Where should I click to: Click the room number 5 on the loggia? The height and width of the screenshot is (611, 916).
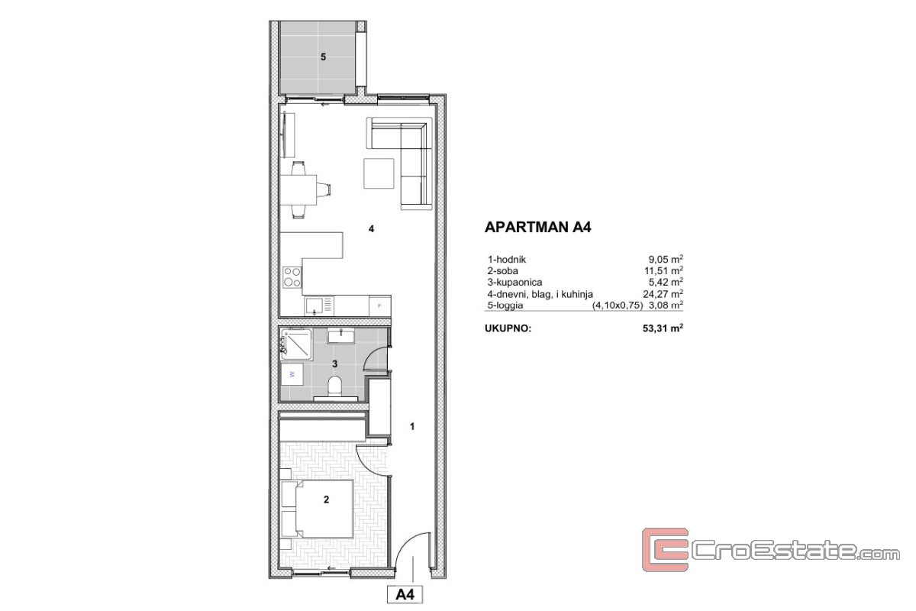[x=323, y=57]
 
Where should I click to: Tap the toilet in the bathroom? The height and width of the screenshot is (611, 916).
[x=335, y=386]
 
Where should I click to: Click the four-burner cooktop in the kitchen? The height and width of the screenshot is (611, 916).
[x=292, y=276]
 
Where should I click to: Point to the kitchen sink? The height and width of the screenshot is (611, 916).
[x=319, y=305]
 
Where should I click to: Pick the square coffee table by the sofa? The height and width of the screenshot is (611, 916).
[x=379, y=173]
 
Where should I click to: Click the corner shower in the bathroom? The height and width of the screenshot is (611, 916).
[x=296, y=344]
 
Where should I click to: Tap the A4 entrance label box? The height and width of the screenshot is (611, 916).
[x=405, y=595]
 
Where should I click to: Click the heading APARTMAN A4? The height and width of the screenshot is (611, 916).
[x=537, y=227]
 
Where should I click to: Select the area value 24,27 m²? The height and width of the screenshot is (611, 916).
[x=663, y=293]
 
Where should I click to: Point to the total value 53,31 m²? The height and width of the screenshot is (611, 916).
[x=663, y=328]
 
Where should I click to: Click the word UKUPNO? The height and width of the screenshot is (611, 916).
[x=508, y=328]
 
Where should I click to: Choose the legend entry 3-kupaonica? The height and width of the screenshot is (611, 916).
[x=514, y=283]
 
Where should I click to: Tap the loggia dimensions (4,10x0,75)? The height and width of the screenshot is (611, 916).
[x=618, y=305]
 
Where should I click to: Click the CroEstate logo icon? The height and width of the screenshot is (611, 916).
[x=665, y=550]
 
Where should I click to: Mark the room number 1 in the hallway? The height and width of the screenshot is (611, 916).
[x=412, y=426]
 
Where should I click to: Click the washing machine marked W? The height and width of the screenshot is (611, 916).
[x=292, y=374]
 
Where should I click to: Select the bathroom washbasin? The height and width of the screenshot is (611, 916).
[x=340, y=336]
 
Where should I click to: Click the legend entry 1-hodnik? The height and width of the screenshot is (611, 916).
[x=507, y=260]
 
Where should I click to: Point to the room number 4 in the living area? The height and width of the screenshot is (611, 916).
[x=371, y=229]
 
